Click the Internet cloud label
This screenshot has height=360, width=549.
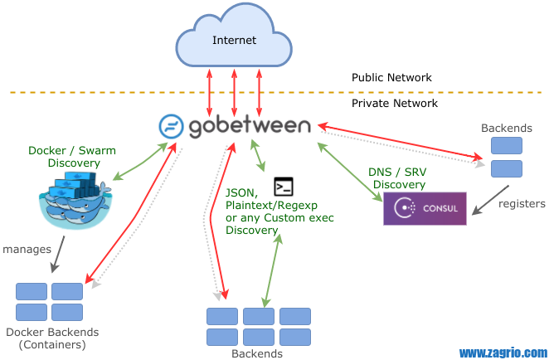[x=234, y=40]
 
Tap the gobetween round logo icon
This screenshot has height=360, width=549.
[x=171, y=127]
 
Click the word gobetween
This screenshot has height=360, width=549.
[x=249, y=127]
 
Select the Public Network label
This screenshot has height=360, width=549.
[x=391, y=78]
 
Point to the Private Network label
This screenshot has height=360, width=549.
[x=394, y=104]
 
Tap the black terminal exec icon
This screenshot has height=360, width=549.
[x=284, y=186]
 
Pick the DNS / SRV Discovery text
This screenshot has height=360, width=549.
[x=399, y=178]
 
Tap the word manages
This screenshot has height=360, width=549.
[x=27, y=248]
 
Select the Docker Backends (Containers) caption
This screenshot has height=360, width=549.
[x=51, y=338]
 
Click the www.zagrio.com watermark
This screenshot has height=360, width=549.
[x=503, y=352]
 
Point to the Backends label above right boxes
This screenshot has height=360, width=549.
[x=506, y=129]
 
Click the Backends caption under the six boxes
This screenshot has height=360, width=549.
[x=258, y=353]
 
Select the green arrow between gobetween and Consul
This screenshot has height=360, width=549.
[x=349, y=171]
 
